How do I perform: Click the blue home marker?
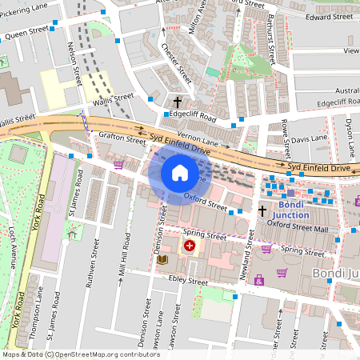tap(179, 173)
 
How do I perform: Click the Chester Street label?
tap(177, 65)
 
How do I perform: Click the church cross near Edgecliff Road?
tap(178, 102)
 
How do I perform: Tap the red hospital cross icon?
tap(190, 246)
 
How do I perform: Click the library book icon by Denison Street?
tap(162, 260)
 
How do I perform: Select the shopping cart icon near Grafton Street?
tap(118, 164)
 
